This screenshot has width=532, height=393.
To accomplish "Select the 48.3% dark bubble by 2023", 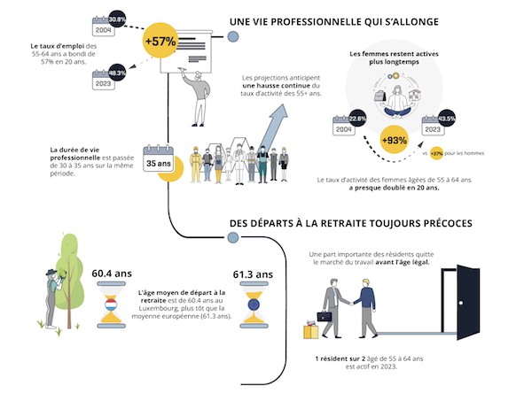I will pyautogui.click(x=117, y=74).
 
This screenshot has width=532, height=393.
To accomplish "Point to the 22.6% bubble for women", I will pyautogui.click(x=357, y=118).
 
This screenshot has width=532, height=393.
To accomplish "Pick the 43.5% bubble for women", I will pyautogui.click(x=446, y=118).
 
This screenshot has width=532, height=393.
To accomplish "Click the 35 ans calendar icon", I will pyautogui.click(x=157, y=162).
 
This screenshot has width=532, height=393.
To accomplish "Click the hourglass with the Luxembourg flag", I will pyautogui.click(x=112, y=311).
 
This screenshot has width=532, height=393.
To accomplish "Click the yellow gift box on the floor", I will pyautogui.click(x=311, y=330).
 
